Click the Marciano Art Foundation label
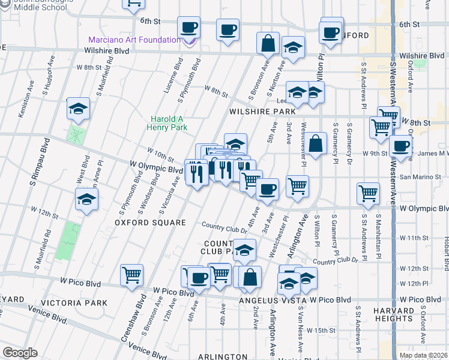coord(134,40)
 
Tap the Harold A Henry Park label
coord(169,123)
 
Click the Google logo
coord(20,353)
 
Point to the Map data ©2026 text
coord(424,355)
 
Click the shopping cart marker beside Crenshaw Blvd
coord(131,275)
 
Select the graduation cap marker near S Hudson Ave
coord(78,108)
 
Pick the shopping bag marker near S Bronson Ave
coord(268,43)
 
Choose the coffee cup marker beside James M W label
coord(400,145)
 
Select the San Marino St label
coord(415,177)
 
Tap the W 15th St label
coord(320,330)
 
